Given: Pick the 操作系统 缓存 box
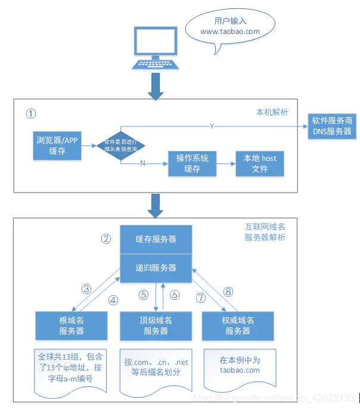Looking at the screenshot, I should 192,163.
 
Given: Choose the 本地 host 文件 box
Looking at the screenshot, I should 260,163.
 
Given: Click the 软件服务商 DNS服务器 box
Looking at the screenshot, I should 332,126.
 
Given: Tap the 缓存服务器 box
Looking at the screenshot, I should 156,239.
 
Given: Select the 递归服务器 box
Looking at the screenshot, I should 156,268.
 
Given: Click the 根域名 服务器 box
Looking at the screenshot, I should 71,326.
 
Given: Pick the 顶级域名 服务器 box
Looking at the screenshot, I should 156,326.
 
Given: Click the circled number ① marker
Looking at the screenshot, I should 31,113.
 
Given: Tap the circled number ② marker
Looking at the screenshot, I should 105,240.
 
